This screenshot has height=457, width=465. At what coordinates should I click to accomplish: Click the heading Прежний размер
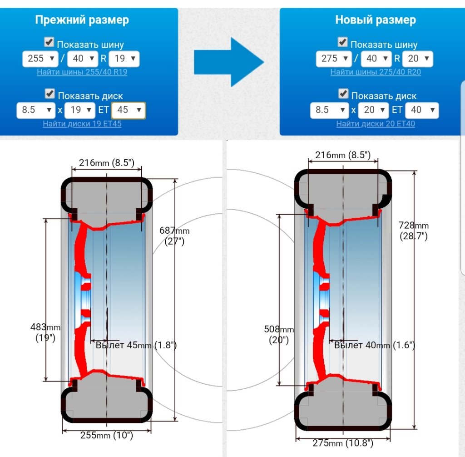(x=82, y=20)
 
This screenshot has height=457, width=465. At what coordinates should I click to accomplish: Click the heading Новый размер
(x=375, y=20)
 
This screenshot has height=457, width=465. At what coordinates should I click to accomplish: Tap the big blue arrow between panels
(x=229, y=62)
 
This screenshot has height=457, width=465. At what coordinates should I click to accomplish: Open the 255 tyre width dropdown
(x=40, y=59)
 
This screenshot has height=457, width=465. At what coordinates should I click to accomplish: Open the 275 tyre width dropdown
(x=334, y=59)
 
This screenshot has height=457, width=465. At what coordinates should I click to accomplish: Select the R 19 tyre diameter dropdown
(x=124, y=59)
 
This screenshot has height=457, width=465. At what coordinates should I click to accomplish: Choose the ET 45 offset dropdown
(x=129, y=110)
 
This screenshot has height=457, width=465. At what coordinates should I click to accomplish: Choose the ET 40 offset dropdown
(x=422, y=110)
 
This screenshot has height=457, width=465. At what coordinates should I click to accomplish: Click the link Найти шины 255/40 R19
(x=82, y=72)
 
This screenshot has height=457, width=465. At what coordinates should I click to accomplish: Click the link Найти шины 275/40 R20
(x=376, y=72)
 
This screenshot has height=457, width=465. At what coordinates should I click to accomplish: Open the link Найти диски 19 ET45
(x=82, y=124)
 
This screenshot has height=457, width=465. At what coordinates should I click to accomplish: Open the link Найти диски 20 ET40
(x=376, y=124)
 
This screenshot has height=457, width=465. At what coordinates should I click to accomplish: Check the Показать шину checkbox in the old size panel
(x=49, y=42)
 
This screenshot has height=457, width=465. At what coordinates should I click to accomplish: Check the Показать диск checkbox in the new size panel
(x=343, y=94)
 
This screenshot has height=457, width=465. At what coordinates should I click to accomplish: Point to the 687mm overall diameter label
(x=174, y=236)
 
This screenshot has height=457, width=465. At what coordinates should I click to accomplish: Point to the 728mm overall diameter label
(x=413, y=230)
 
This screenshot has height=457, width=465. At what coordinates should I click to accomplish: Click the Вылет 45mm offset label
(x=136, y=345)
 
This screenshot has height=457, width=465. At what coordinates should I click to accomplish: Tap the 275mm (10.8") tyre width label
(x=343, y=443)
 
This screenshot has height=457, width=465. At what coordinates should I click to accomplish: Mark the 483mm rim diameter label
(x=45, y=332)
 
